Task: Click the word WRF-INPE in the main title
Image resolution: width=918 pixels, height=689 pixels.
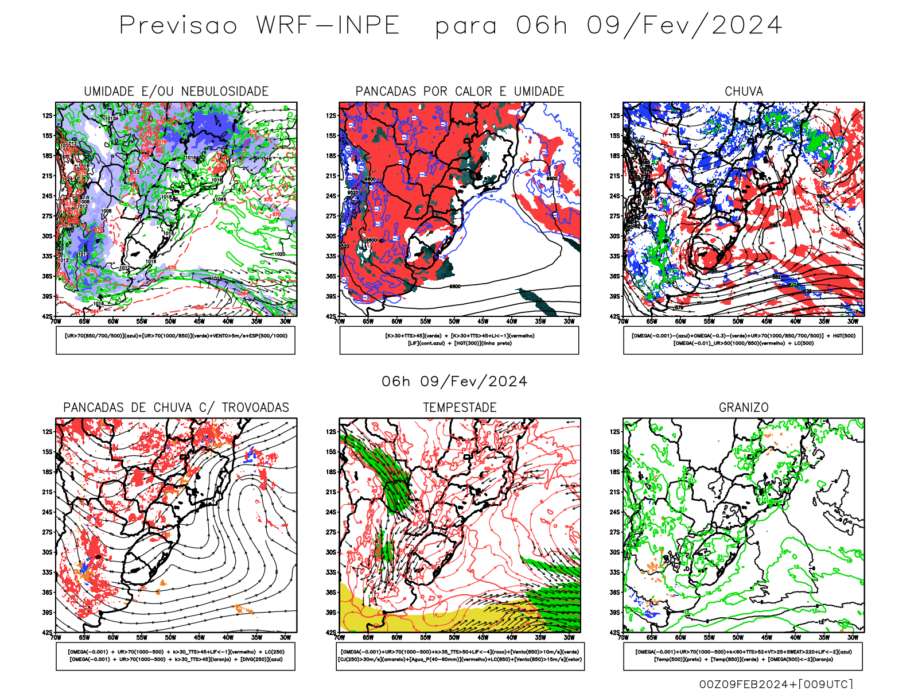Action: click(328, 25)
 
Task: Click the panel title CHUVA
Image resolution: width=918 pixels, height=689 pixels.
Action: click(744, 91)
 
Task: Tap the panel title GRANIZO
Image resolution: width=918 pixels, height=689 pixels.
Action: click(744, 407)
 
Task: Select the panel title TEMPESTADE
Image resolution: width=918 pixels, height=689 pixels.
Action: click(460, 407)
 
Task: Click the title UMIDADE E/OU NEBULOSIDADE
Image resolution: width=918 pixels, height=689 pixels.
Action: click(176, 91)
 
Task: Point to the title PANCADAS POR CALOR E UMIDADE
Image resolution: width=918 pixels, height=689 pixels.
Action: click(460, 91)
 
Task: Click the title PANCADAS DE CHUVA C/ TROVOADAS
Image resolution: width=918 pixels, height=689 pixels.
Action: click(176, 407)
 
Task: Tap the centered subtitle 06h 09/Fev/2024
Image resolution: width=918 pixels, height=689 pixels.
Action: click(454, 381)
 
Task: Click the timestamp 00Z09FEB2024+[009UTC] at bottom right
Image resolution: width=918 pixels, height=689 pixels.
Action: click(776, 684)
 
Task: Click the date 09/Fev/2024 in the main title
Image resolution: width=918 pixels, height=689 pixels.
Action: click(684, 25)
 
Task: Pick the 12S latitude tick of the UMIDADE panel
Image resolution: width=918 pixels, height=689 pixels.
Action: click(47, 115)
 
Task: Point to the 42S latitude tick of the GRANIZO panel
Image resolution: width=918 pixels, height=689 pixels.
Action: click(614, 632)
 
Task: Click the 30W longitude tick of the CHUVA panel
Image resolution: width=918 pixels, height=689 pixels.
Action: click(853, 322)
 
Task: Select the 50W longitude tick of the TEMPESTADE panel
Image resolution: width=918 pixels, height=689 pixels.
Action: click(454, 637)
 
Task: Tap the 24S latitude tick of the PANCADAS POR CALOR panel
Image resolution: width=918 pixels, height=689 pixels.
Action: click(331, 196)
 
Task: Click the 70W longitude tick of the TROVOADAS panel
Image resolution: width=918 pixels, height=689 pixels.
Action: click(56, 637)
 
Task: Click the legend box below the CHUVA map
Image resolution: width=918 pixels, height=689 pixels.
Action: click(743, 340)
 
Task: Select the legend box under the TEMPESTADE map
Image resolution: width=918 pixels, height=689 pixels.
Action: click(460, 656)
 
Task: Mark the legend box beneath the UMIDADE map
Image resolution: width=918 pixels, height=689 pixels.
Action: click(176, 340)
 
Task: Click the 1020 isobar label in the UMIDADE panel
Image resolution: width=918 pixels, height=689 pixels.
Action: click(279, 254)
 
